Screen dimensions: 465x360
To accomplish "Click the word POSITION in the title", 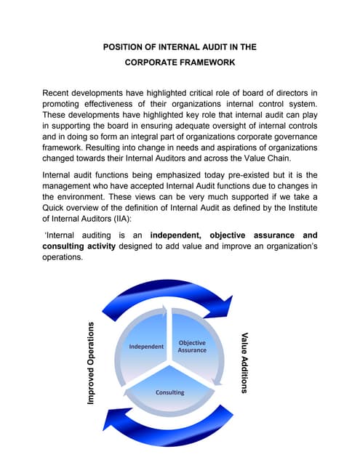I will (125, 47).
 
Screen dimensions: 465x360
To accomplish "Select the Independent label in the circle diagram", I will (146, 347).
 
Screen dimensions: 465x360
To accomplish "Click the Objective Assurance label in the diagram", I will (192, 346).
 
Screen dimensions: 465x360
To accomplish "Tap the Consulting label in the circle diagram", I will (169, 392).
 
